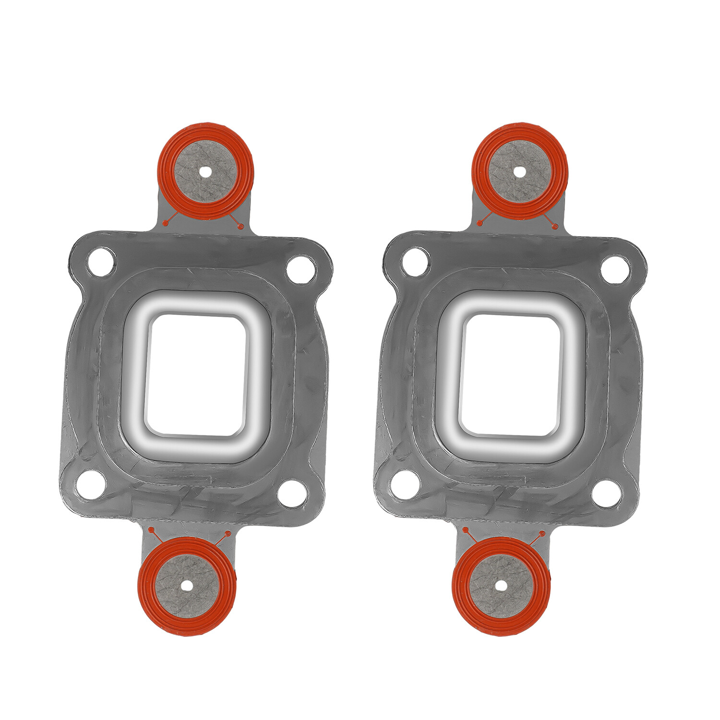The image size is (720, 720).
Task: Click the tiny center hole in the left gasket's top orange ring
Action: coord(206,171)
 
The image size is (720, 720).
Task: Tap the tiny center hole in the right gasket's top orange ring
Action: coord(519,171)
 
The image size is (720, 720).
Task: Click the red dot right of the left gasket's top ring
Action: coord(241,226)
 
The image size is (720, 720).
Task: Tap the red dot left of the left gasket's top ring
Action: coord(166,223)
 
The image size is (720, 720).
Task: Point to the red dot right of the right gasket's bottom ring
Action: coord(542,533)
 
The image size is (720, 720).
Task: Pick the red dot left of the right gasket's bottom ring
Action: coord(465,529)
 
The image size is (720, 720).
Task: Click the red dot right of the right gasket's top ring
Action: coord(555,226)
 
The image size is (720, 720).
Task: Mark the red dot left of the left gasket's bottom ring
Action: coord(151,529)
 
